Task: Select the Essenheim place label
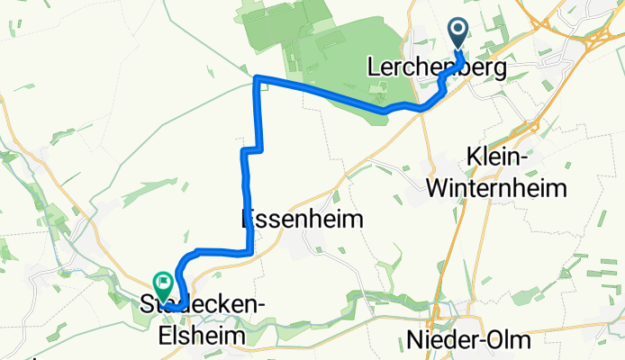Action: [303, 219]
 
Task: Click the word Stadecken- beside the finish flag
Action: [216, 306]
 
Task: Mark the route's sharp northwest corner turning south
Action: [258, 79]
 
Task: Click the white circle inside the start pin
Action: [458, 31]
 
